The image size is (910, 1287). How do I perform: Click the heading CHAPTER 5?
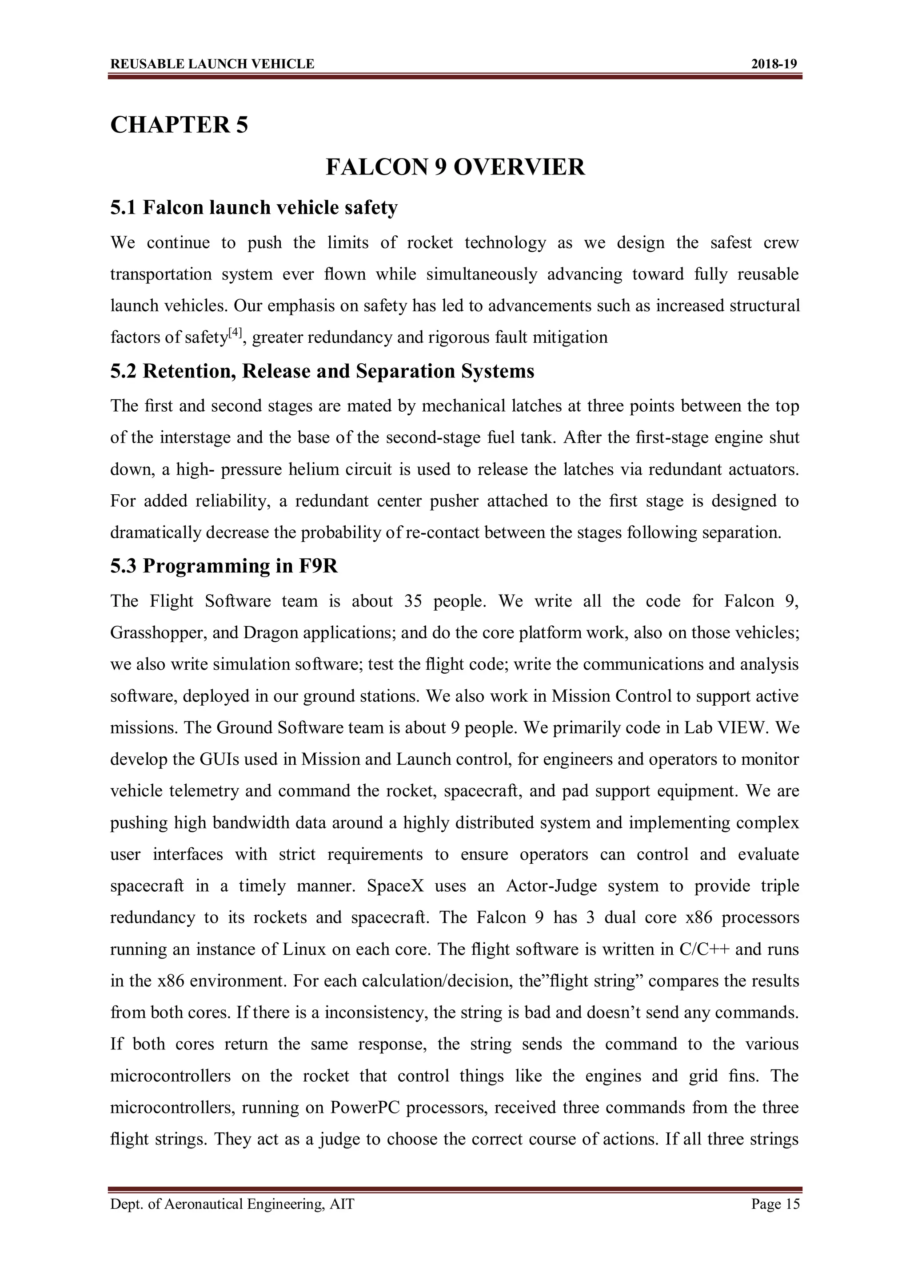[179, 124]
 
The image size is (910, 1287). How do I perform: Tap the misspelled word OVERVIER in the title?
[519, 167]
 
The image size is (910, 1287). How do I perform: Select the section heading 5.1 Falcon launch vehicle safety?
[254, 207]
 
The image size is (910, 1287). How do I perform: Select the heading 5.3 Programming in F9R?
[224, 566]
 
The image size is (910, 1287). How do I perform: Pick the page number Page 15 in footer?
[775, 1204]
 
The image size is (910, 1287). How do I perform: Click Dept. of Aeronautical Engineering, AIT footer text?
[232, 1204]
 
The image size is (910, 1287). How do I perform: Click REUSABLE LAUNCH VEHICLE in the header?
[212, 64]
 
